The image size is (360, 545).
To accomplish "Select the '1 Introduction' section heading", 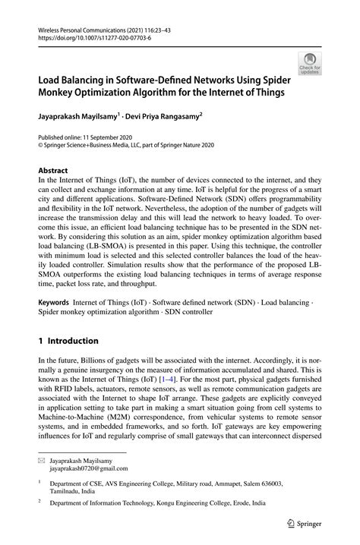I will (68, 341).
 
